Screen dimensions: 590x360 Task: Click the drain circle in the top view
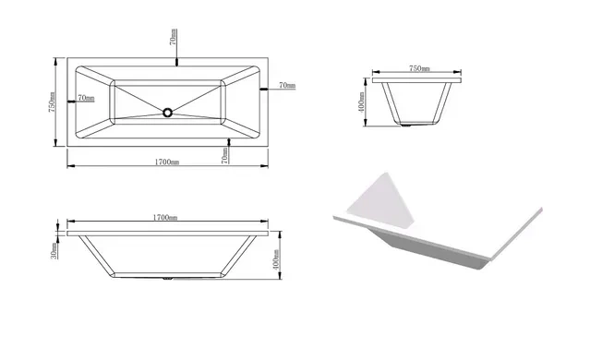(x=167, y=113)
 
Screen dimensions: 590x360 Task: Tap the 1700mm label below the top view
(x=167, y=162)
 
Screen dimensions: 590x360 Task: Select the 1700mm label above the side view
(x=164, y=218)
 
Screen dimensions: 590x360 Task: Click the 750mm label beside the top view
(x=52, y=102)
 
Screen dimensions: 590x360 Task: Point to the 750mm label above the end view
(x=419, y=68)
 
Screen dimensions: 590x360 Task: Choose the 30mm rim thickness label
(x=54, y=251)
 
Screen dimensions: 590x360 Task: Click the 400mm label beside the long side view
(x=276, y=259)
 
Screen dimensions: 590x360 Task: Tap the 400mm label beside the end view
(x=361, y=102)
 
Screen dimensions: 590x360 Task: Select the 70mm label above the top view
(x=173, y=37)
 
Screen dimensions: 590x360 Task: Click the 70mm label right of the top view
(x=287, y=86)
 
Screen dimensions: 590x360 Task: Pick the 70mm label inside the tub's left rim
(x=86, y=98)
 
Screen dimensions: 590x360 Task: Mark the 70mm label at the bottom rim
(x=224, y=155)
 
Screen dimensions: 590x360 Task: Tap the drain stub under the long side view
(x=167, y=279)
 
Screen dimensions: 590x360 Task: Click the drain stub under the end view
(x=406, y=125)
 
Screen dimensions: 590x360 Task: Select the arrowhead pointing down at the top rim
(x=177, y=63)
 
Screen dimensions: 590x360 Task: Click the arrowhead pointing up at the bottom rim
(x=229, y=141)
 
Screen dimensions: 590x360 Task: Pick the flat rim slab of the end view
(x=417, y=80)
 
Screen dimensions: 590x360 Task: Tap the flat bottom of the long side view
(x=167, y=275)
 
